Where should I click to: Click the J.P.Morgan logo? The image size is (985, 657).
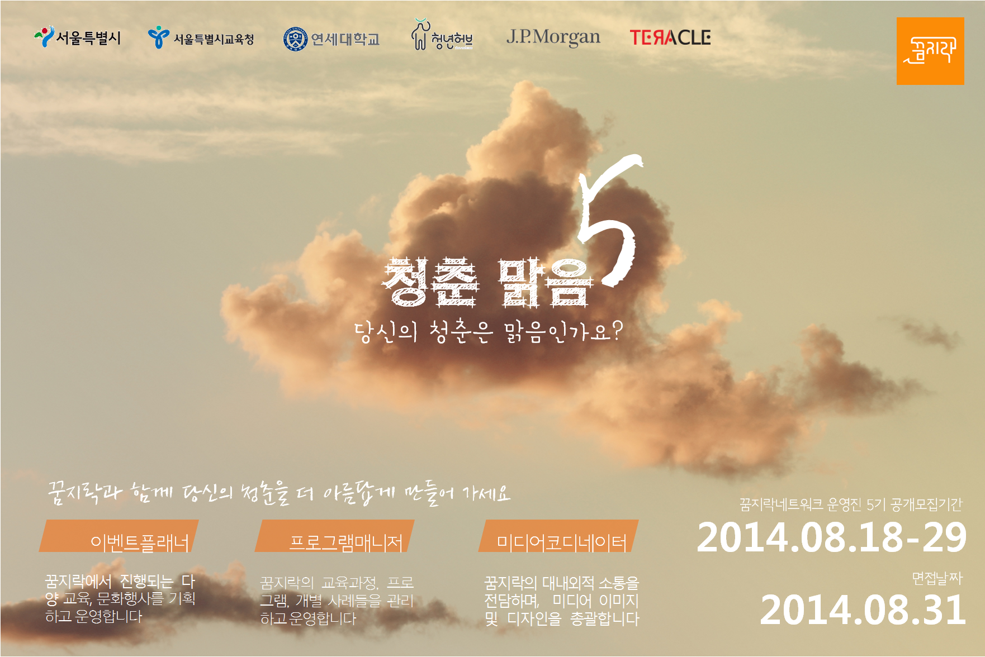click(553, 37)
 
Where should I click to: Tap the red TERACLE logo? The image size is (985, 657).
click(670, 37)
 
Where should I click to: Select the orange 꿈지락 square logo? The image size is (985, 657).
click(930, 51)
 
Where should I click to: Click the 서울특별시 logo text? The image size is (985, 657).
click(88, 38)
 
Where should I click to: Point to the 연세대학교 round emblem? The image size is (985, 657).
click(295, 39)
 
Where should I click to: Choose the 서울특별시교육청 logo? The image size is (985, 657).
click(201, 38)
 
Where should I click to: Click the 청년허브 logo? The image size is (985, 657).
click(442, 35)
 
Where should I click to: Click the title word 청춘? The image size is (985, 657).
click(430, 282)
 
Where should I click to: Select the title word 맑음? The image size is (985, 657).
click(545, 282)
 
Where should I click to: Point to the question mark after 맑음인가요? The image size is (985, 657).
click(616, 330)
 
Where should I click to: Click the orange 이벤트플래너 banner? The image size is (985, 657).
click(119, 536)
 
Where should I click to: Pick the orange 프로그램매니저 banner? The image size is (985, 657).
click(334, 536)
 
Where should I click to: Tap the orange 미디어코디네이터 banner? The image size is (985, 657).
click(558, 536)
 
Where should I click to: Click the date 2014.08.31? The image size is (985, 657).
click(863, 610)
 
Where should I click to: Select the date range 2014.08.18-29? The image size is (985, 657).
click(831, 537)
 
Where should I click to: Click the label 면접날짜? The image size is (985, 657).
click(937, 578)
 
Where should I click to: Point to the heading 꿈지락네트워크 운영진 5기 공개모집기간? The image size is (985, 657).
click(851, 504)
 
